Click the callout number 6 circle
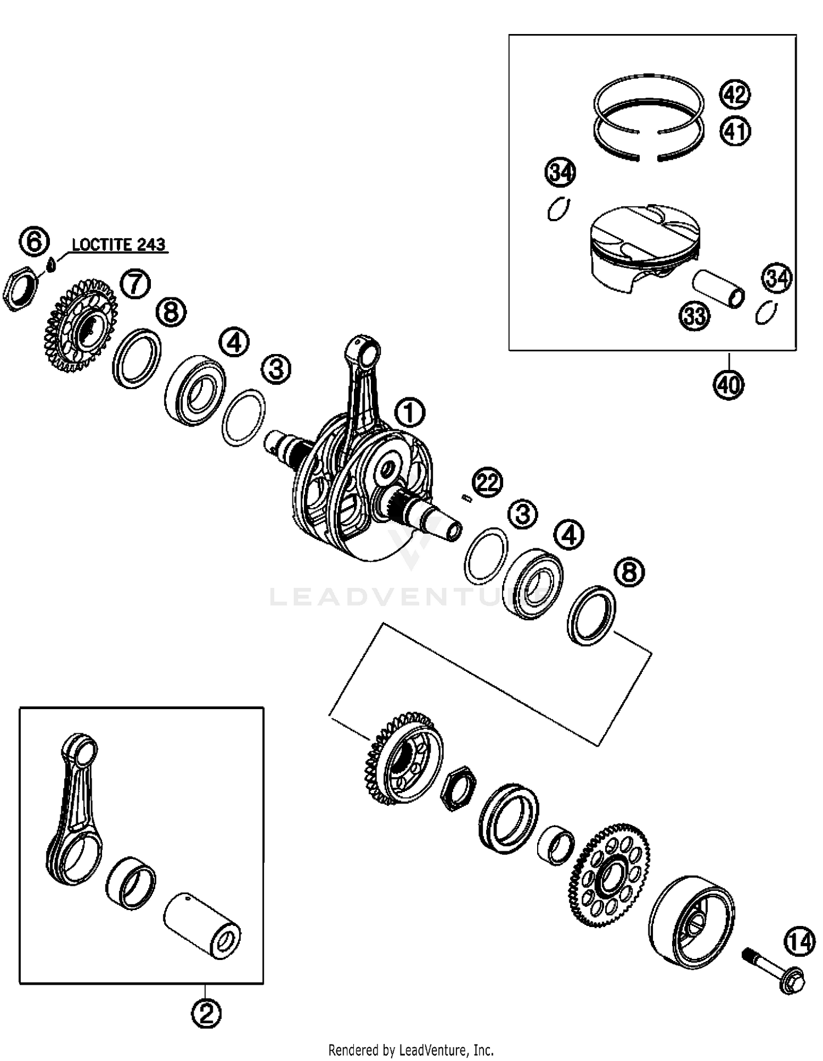[34, 242]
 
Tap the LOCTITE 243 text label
[119, 245]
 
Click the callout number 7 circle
[135, 284]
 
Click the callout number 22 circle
[488, 482]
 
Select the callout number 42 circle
[735, 94]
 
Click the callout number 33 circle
[695, 316]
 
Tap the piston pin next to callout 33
[718, 288]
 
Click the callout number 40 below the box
[729, 384]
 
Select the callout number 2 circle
[206, 1013]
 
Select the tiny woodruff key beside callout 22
[466, 497]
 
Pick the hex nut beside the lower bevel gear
[459, 789]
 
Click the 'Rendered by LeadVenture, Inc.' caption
[411, 1049]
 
